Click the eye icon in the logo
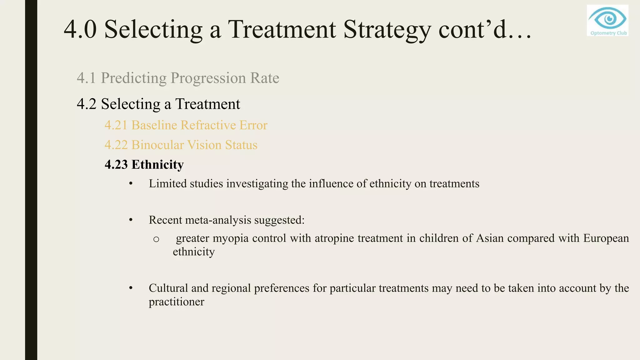click(x=607, y=18)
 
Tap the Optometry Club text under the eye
click(x=608, y=33)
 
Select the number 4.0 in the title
click(x=80, y=29)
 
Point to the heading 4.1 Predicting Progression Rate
click(x=178, y=78)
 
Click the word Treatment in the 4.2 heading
click(x=207, y=104)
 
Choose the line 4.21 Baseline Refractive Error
click(x=186, y=125)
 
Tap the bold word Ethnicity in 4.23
click(x=157, y=165)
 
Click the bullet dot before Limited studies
click(x=131, y=184)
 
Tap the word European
click(x=606, y=238)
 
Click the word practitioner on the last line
click(x=176, y=302)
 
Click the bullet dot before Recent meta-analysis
click(x=131, y=220)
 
